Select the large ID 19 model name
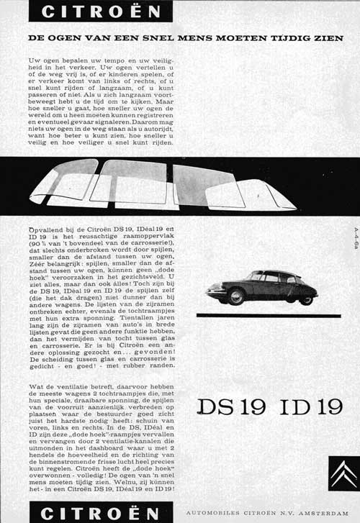tap(302, 406)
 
